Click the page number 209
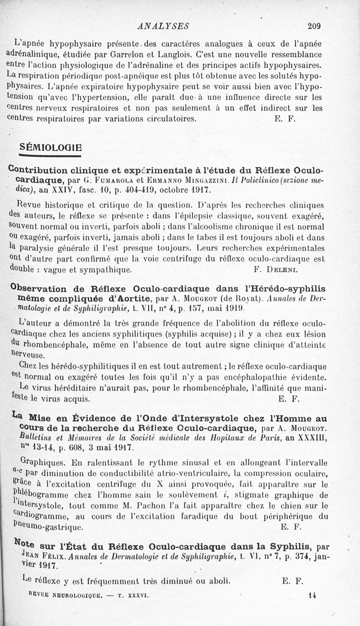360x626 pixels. [314, 26]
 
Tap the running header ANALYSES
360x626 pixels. [163, 26]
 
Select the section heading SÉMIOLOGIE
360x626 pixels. [51, 147]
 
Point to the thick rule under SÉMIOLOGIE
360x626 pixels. [50, 156]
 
